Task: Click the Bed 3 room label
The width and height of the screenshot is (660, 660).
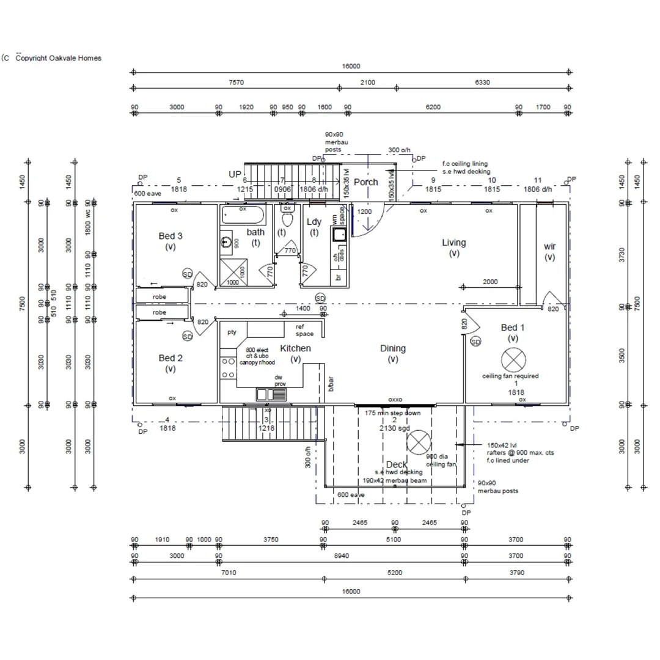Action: pyautogui.click(x=170, y=236)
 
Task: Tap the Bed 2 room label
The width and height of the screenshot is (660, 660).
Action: pyautogui.click(x=170, y=358)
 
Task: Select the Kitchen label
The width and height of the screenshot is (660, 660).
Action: pyautogui.click(x=295, y=348)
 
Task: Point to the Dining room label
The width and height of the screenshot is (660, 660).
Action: pyautogui.click(x=392, y=348)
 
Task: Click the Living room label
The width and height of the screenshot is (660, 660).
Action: pyautogui.click(x=453, y=243)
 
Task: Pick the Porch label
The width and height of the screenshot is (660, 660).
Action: pyautogui.click(x=365, y=182)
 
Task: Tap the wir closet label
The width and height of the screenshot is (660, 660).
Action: pyautogui.click(x=549, y=246)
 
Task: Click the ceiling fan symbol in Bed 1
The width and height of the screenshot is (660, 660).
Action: pyautogui.click(x=512, y=359)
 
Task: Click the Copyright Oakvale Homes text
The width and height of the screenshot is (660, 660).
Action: pyautogui.click(x=58, y=58)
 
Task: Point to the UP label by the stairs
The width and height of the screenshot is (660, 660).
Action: pyautogui.click(x=235, y=174)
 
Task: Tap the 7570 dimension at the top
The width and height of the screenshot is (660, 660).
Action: pyautogui.click(x=236, y=82)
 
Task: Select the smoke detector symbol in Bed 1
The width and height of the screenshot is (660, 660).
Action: pyautogui.click(x=475, y=342)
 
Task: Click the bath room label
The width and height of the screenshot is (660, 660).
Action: pyautogui.click(x=255, y=232)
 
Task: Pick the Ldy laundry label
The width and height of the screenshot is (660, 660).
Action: pyautogui.click(x=313, y=222)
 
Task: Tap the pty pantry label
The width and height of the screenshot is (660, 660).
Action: pyautogui.click(x=232, y=332)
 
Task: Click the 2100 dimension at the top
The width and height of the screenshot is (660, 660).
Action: pyautogui.click(x=367, y=82)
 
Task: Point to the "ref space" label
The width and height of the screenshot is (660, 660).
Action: pyautogui.click(x=304, y=330)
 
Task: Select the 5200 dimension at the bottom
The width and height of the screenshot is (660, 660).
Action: pyautogui.click(x=395, y=573)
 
